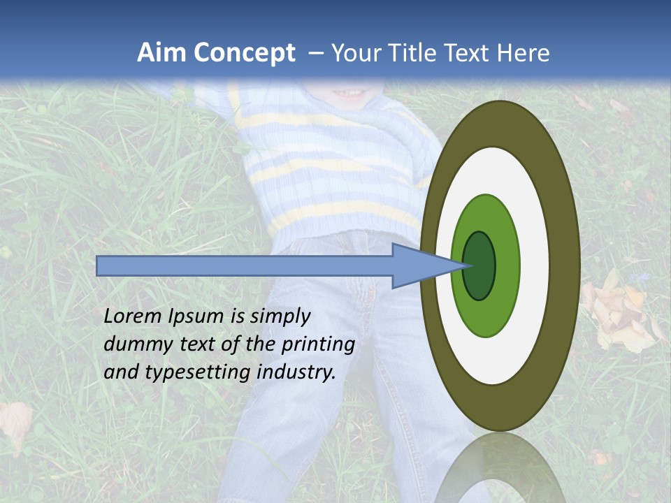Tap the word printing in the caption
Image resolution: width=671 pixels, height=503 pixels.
(318, 345)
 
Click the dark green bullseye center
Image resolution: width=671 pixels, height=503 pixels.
(479, 266)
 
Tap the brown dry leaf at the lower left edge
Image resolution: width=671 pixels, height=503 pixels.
(15, 423)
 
